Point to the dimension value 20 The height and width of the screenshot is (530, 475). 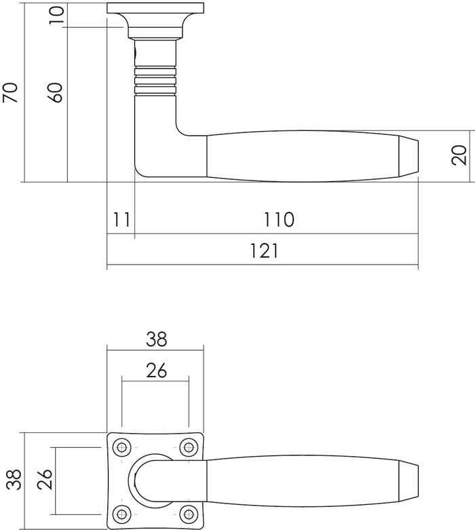460,155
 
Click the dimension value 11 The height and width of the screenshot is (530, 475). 121,219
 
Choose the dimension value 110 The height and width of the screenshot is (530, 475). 278,219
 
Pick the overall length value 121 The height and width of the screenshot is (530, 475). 264,251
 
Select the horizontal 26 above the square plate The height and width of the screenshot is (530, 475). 155,370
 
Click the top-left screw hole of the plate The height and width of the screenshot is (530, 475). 122,447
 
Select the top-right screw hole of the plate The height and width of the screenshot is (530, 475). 188,447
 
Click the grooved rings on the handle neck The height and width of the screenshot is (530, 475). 156,79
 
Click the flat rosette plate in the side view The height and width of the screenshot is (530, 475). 155,8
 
